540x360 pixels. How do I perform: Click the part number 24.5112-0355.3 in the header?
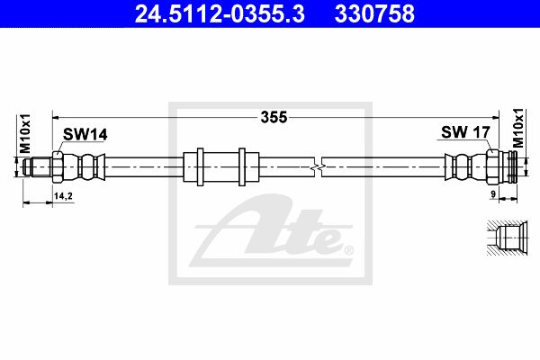[x=220, y=13]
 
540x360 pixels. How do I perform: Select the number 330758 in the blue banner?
[x=374, y=13]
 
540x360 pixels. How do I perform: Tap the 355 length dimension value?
[x=274, y=117]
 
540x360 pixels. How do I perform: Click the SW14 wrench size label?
[x=85, y=134]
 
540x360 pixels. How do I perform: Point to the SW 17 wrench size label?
[x=465, y=132]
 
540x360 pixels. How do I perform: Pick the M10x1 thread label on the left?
[x=25, y=134]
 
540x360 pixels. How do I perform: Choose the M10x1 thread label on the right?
[x=517, y=128]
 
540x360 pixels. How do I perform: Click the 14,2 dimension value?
[x=63, y=196]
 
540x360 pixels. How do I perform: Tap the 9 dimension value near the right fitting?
[x=493, y=194]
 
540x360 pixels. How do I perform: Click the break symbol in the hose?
[x=319, y=167]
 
